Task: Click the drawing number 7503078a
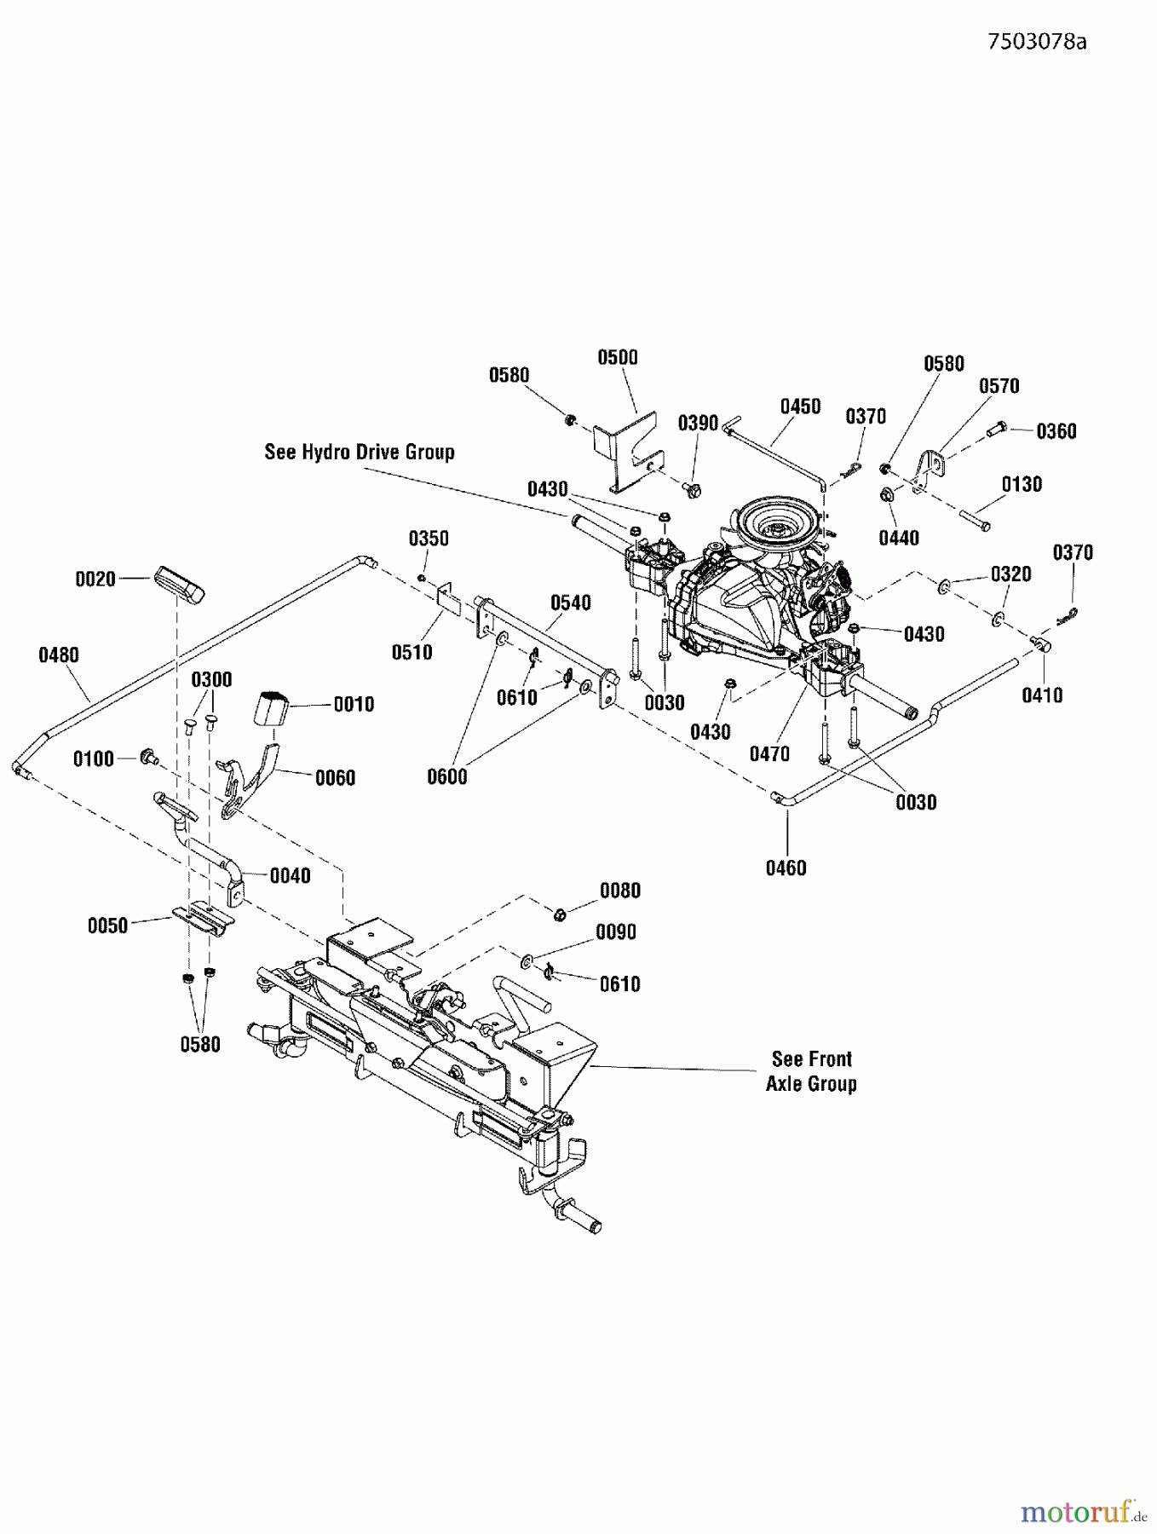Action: (x=1037, y=42)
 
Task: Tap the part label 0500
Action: (x=618, y=357)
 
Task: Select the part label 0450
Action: (x=800, y=406)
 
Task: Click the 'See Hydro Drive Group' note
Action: (x=360, y=452)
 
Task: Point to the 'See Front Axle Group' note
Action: (x=811, y=1071)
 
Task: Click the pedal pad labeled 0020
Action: (x=179, y=585)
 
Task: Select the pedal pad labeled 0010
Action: (x=272, y=708)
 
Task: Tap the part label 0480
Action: (x=58, y=655)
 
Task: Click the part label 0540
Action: (x=570, y=603)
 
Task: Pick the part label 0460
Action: (x=786, y=868)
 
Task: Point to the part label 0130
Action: (x=1022, y=484)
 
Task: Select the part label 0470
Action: (x=769, y=753)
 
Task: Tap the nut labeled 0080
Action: (x=560, y=914)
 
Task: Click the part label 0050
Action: (x=107, y=926)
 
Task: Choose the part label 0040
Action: (x=290, y=875)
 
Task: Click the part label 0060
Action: (x=335, y=777)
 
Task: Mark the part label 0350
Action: (x=429, y=538)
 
